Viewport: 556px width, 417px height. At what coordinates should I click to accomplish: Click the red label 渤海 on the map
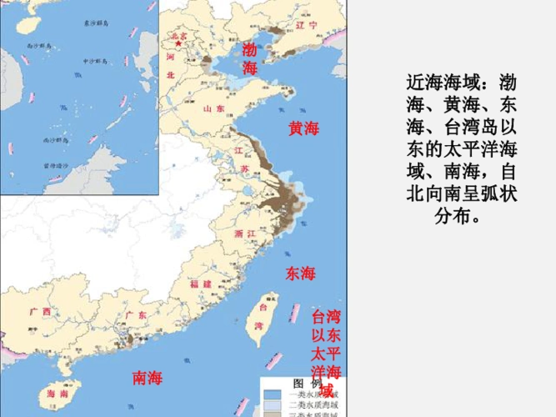(249, 59)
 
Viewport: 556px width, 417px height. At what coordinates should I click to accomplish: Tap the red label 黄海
(303, 128)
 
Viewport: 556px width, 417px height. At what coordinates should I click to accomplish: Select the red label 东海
(301, 274)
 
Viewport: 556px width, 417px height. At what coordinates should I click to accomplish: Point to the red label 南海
(148, 378)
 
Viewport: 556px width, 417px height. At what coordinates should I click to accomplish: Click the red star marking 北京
(178, 43)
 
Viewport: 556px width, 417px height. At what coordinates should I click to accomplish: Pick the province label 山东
(213, 108)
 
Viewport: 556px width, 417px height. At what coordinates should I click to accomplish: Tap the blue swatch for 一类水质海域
(273, 392)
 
